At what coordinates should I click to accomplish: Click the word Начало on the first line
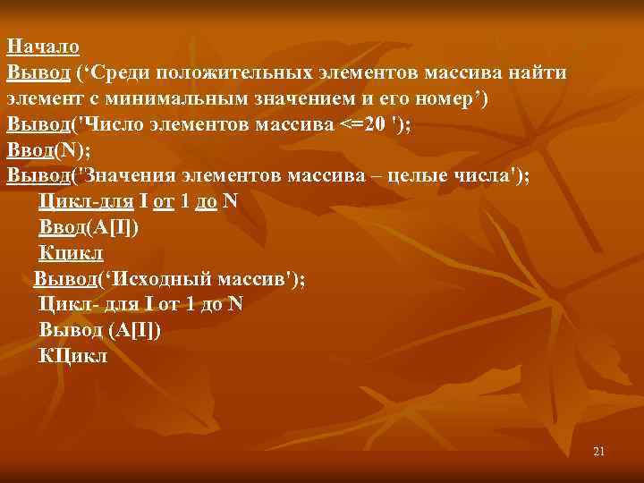42,46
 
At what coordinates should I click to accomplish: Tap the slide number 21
598,452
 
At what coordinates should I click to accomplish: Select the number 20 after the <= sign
376,123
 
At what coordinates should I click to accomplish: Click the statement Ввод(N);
49,149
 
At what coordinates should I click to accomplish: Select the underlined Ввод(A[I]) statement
89,227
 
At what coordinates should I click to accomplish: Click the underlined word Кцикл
72,253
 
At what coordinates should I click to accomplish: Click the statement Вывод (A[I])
100,330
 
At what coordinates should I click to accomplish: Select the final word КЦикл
73,356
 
